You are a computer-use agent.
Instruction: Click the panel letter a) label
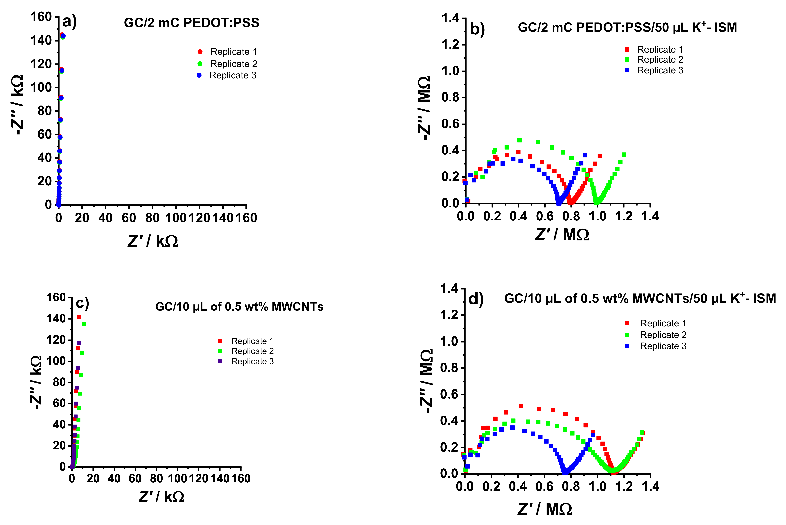(70, 22)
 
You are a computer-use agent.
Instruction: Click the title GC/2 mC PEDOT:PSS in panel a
(192, 23)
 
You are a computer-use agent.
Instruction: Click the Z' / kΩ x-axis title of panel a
(153, 241)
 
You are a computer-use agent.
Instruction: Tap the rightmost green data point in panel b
(624, 155)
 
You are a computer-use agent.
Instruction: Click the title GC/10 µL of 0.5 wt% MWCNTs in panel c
(239, 307)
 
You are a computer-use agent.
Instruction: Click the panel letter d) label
(476, 299)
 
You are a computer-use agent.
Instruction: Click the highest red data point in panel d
(521, 406)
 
